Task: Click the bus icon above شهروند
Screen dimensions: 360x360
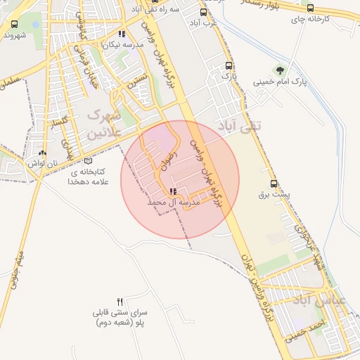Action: point(14,24)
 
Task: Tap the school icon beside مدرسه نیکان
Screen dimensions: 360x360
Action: point(121,33)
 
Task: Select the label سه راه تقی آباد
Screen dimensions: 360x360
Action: point(159,8)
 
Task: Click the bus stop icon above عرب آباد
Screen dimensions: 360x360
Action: point(204,12)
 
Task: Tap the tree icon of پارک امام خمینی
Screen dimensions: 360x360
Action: point(281,70)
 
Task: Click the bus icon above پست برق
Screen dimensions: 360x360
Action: point(274,184)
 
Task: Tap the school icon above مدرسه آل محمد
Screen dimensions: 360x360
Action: point(173,191)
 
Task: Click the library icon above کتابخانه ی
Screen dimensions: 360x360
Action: point(87,160)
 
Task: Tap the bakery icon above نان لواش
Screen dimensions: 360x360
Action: point(44,153)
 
